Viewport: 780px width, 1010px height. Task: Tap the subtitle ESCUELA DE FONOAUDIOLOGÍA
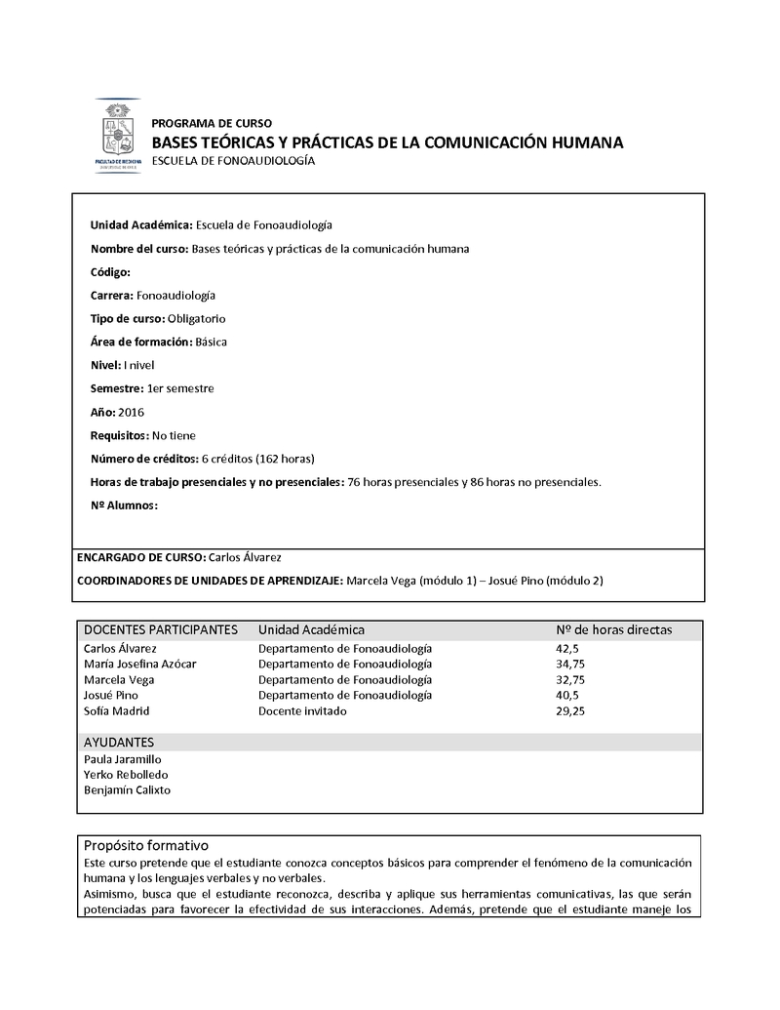click(233, 160)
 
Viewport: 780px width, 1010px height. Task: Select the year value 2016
click(131, 412)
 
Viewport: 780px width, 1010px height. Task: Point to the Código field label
click(110, 272)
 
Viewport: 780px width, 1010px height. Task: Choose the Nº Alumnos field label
click(124, 505)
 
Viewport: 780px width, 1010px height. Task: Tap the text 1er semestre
click(180, 388)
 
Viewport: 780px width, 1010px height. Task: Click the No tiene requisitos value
click(175, 435)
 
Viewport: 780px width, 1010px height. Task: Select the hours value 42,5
click(567, 648)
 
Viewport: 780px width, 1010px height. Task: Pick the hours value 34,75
click(570, 664)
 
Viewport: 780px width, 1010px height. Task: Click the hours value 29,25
click(570, 711)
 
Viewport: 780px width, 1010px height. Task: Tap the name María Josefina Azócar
click(140, 664)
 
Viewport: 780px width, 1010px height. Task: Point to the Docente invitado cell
click(302, 711)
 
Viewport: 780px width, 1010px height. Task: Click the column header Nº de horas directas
click(613, 630)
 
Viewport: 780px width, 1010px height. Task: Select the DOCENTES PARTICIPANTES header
click(161, 630)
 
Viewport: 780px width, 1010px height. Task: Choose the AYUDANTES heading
click(119, 743)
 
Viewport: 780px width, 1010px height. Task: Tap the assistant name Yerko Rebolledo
click(126, 775)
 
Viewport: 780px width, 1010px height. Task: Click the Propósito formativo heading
click(146, 845)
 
